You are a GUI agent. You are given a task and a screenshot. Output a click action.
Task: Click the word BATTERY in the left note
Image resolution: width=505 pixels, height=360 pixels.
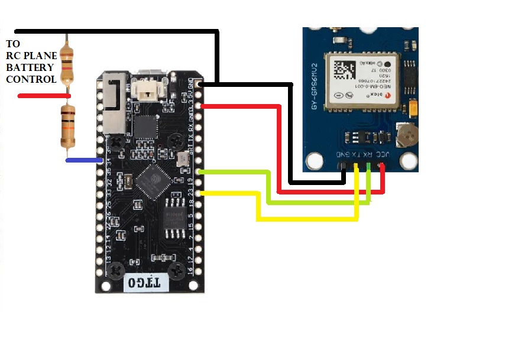pyautogui.click(x=31, y=67)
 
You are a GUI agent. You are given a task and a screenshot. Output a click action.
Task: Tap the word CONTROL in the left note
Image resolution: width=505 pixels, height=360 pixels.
pyautogui.click(x=31, y=79)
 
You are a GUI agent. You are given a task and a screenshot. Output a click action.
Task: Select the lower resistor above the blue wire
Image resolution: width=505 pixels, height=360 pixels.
pyautogui.click(x=68, y=126)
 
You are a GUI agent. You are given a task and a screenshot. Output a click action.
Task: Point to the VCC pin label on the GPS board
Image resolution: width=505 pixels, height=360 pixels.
pyautogui.click(x=383, y=154)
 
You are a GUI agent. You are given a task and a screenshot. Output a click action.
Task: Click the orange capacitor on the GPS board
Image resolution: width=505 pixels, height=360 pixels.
pyautogui.click(x=412, y=107)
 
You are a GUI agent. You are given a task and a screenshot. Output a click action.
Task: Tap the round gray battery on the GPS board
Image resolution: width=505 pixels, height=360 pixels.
pyautogui.click(x=407, y=135)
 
